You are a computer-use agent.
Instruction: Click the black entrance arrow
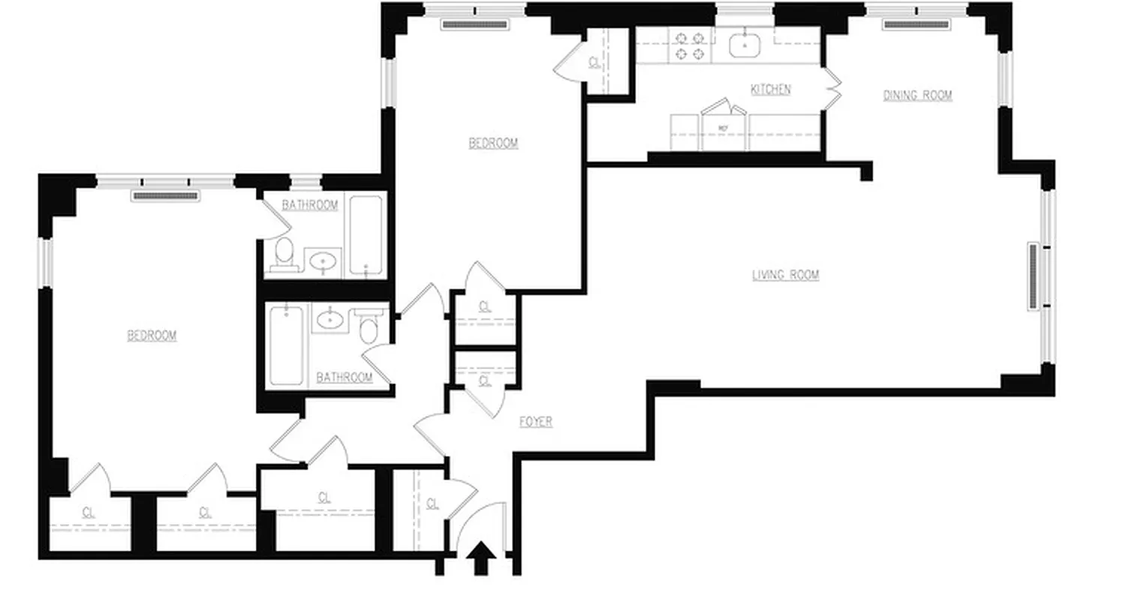click(x=481, y=559)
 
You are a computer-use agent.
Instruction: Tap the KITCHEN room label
click(x=771, y=90)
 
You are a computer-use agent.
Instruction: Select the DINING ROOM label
click(x=917, y=95)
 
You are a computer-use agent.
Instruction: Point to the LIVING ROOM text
click(x=785, y=275)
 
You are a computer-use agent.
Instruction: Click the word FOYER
click(x=536, y=422)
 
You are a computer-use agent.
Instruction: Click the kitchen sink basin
click(x=745, y=46)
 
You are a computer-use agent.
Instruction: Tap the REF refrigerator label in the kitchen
click(x=724, y=129)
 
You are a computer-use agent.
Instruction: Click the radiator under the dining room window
click(x=916, y=25)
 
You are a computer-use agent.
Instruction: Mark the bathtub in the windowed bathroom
click(x=366, y=235)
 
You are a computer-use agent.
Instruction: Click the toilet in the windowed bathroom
click(x=283, y=253)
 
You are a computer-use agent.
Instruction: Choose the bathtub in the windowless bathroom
click(x=286, y=345)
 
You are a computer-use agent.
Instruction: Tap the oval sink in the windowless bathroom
click(x=328, y=320)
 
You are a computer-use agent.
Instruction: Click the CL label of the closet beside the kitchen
click(x=595, y=63)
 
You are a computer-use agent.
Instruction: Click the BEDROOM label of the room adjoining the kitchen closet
click(x=493, y=143)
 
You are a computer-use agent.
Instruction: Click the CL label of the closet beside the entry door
click(x=432, y=503)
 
